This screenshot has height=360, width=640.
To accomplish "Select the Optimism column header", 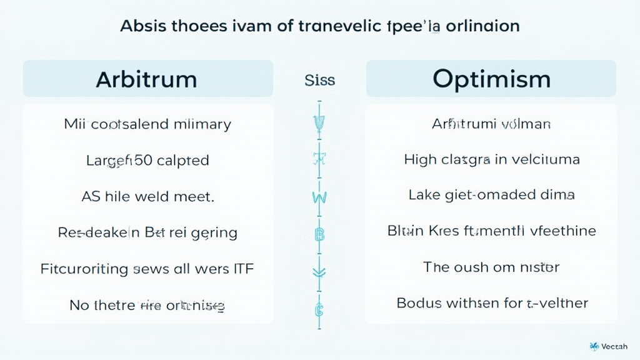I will [491, 79].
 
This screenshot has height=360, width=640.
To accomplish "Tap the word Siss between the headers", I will [319, 80].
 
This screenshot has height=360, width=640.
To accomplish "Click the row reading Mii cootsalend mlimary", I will [147, 124].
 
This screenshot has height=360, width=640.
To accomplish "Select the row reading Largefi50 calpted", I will [147, 160].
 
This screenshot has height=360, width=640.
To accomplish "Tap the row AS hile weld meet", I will [147, 196].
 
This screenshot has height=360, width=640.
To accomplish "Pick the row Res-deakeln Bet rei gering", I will [147, 233].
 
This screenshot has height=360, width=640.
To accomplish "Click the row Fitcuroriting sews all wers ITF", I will [147, 269].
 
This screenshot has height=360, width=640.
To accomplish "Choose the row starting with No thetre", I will [147, 306].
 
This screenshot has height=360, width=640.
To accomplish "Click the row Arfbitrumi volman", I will [491, 124].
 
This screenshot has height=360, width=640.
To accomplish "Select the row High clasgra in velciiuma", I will [491, 160].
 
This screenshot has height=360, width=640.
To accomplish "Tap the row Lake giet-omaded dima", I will [491, 195].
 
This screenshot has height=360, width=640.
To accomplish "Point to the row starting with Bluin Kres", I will [491, 231].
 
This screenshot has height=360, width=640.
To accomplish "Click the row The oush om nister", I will [491, 267].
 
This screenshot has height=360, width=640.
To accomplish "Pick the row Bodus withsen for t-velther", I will [491, 304].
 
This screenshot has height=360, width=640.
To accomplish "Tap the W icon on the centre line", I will [319, 198].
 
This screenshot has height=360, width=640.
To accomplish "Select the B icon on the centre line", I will [319, 235].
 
